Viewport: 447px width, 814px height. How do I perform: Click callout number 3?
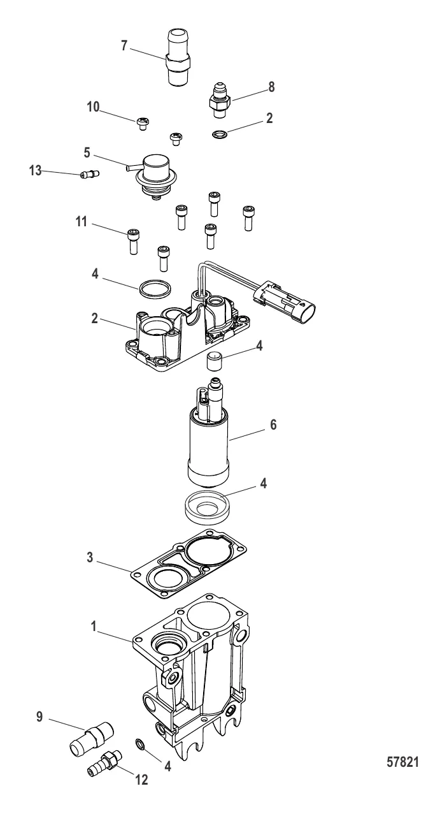(x=90, y=557)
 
